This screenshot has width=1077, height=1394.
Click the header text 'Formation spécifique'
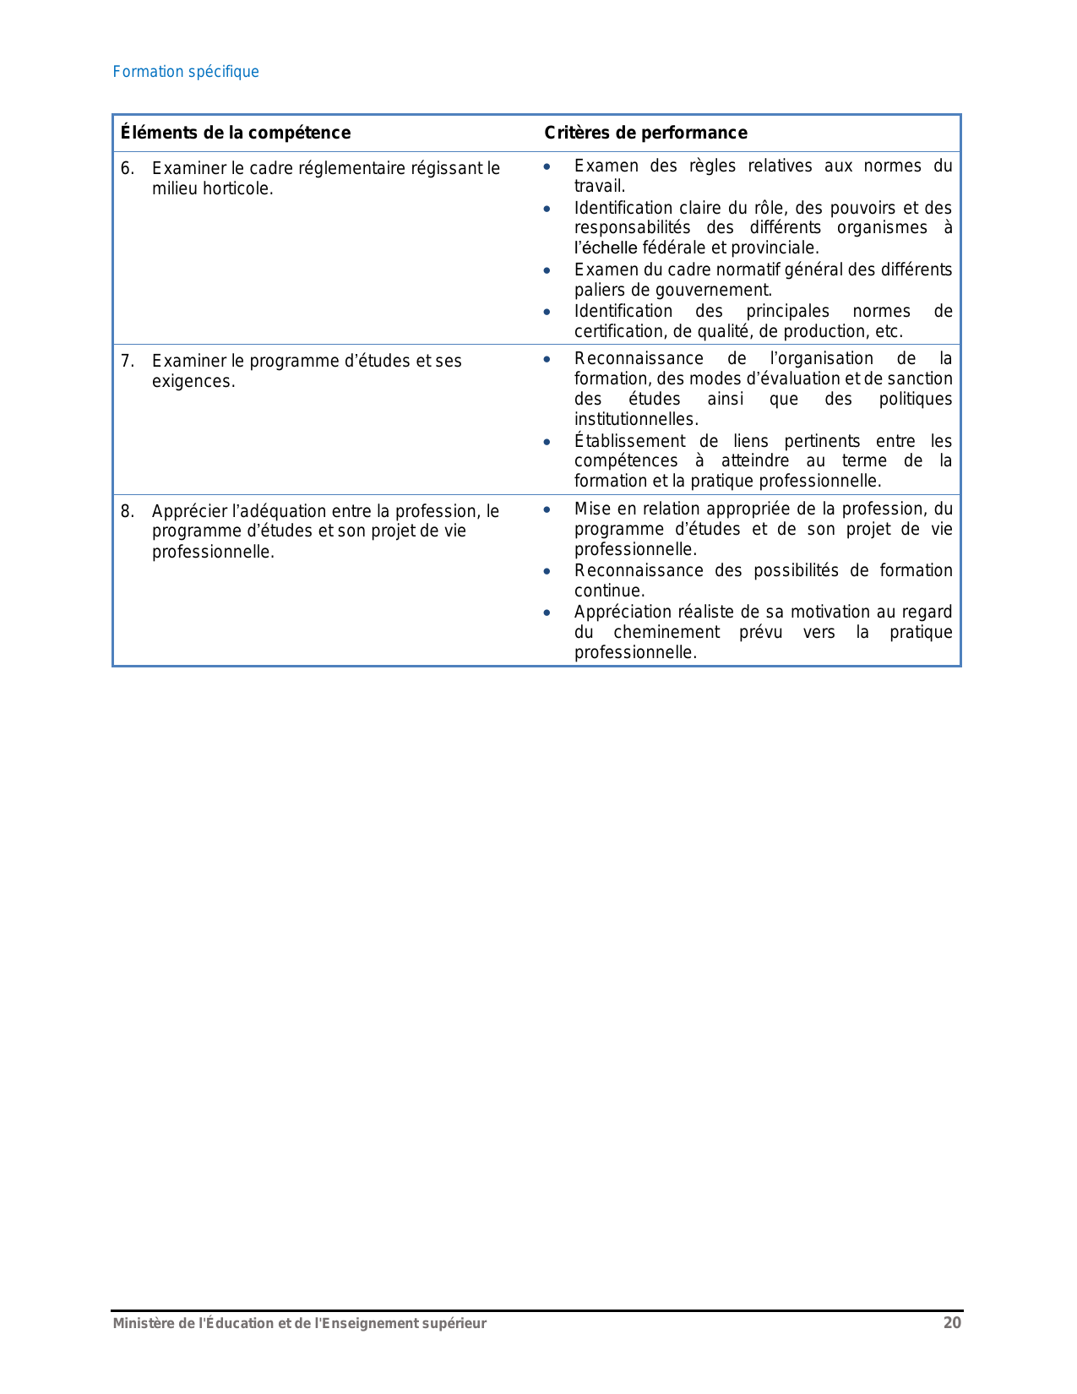tap(186, 72)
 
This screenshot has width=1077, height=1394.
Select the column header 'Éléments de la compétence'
tap(235, 133)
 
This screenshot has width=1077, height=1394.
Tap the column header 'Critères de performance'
tap(645, 133)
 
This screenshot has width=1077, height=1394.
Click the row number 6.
tap(127, 168)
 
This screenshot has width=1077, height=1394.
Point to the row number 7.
tap(127, 361)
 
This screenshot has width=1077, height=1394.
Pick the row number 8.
tap(127, 511)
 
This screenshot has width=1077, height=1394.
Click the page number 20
tap(952, 1323)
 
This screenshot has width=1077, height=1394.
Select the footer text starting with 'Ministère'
tap(300, 1323)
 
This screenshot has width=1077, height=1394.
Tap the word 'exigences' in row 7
tap(193, 381)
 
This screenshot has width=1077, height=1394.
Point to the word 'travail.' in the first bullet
tap(600, 186)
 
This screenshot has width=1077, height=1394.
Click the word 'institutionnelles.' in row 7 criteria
tap(636, 419)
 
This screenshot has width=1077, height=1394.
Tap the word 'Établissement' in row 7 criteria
tap(629, 441)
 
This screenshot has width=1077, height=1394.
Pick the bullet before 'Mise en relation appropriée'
tap(547, 509)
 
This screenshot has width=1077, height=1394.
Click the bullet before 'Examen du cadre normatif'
tap(547, 270)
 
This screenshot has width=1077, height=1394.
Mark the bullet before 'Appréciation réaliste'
tap(547, 613)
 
